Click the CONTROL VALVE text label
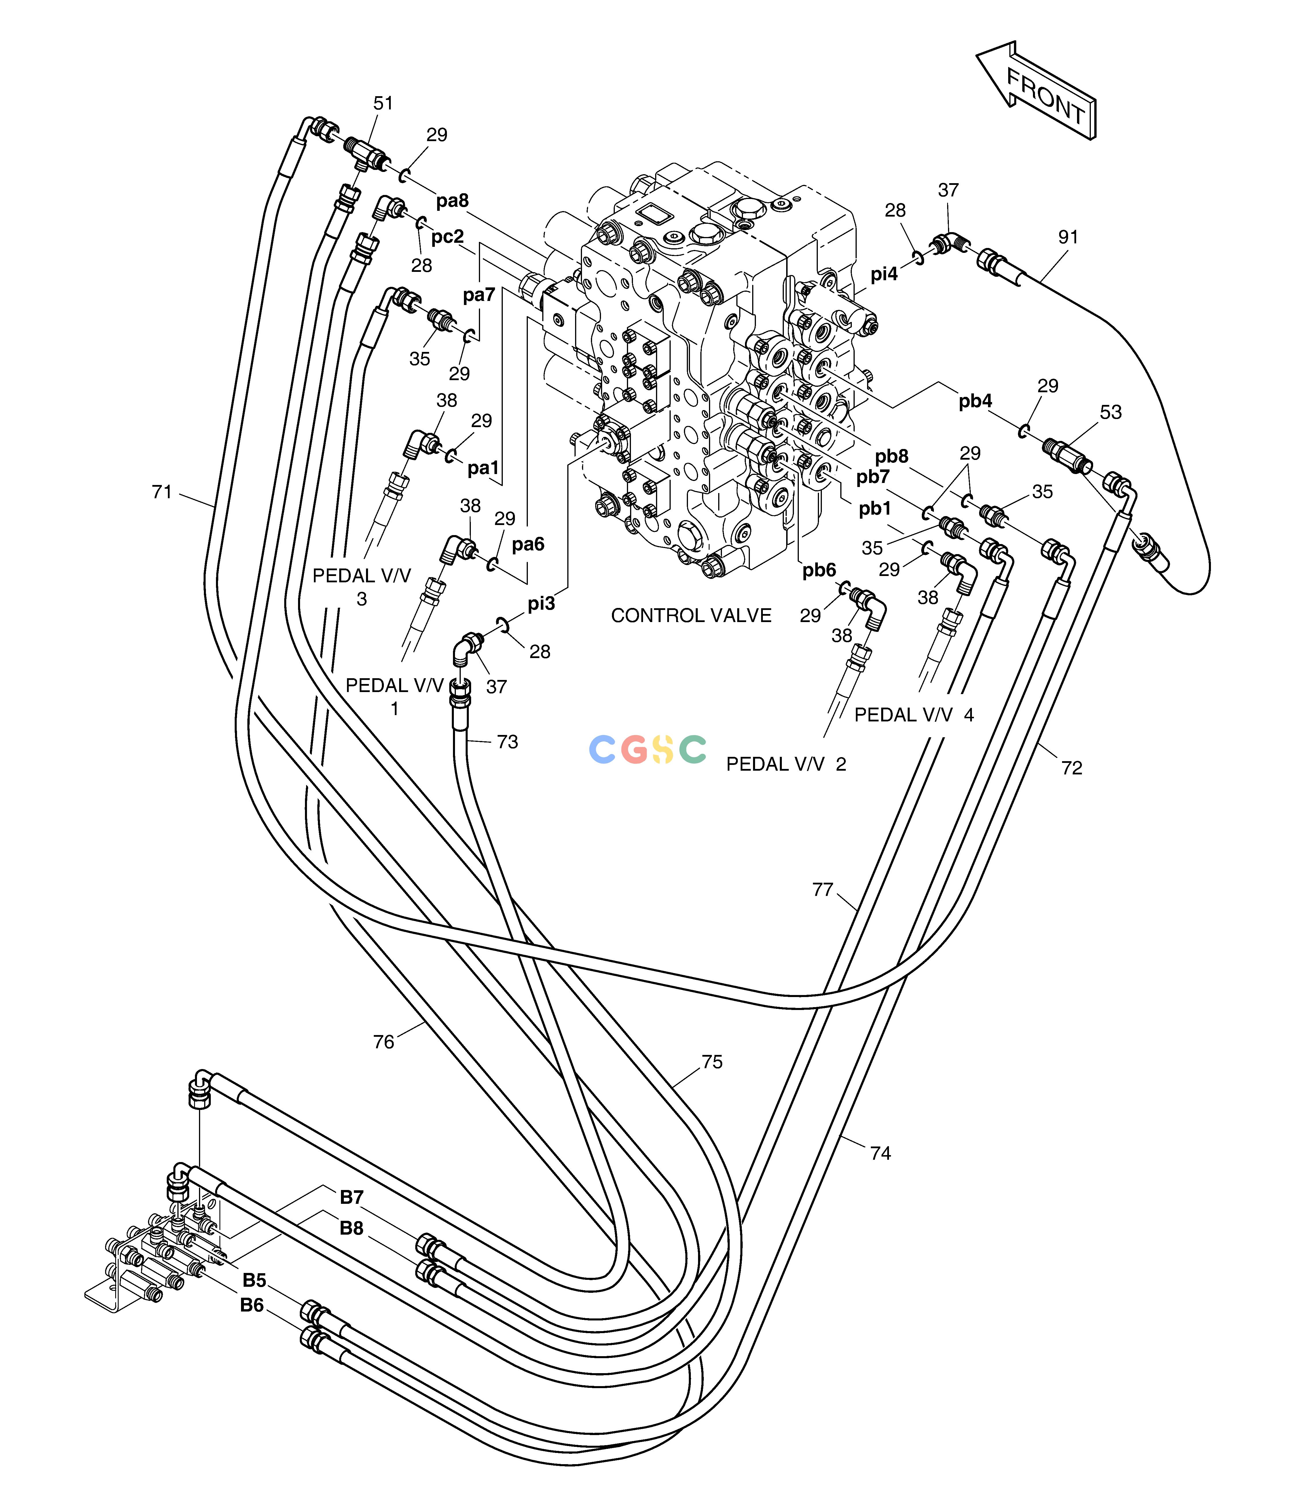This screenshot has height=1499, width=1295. coord(691,616)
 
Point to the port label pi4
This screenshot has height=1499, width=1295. coord(884,274)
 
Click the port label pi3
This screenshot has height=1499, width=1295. coord(541,603)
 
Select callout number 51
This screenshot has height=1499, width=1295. coord(384,103)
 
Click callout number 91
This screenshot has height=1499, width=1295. coord(1068,237)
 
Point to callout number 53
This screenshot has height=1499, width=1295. coord(1110,412)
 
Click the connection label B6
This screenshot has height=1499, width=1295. coord(252,1305)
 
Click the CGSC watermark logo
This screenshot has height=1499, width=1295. coord(647,749)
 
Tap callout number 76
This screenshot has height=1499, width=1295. coord(384,1042)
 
